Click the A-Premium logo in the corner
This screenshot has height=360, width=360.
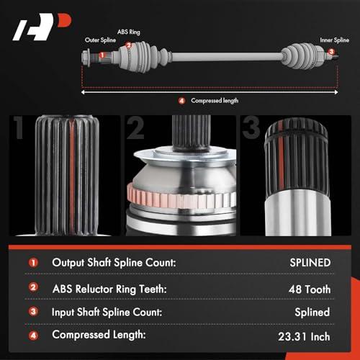42,27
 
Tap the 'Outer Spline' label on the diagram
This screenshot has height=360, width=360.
100,40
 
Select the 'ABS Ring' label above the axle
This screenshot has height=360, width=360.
129,32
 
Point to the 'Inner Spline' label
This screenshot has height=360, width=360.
334,40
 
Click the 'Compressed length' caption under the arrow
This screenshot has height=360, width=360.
215,101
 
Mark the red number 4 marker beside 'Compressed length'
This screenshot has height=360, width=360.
181,101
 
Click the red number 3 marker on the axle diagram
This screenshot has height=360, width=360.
331,52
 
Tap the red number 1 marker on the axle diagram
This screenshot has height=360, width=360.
102,55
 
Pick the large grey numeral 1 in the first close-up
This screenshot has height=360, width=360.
19,127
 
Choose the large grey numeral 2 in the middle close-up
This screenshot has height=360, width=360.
135,127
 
